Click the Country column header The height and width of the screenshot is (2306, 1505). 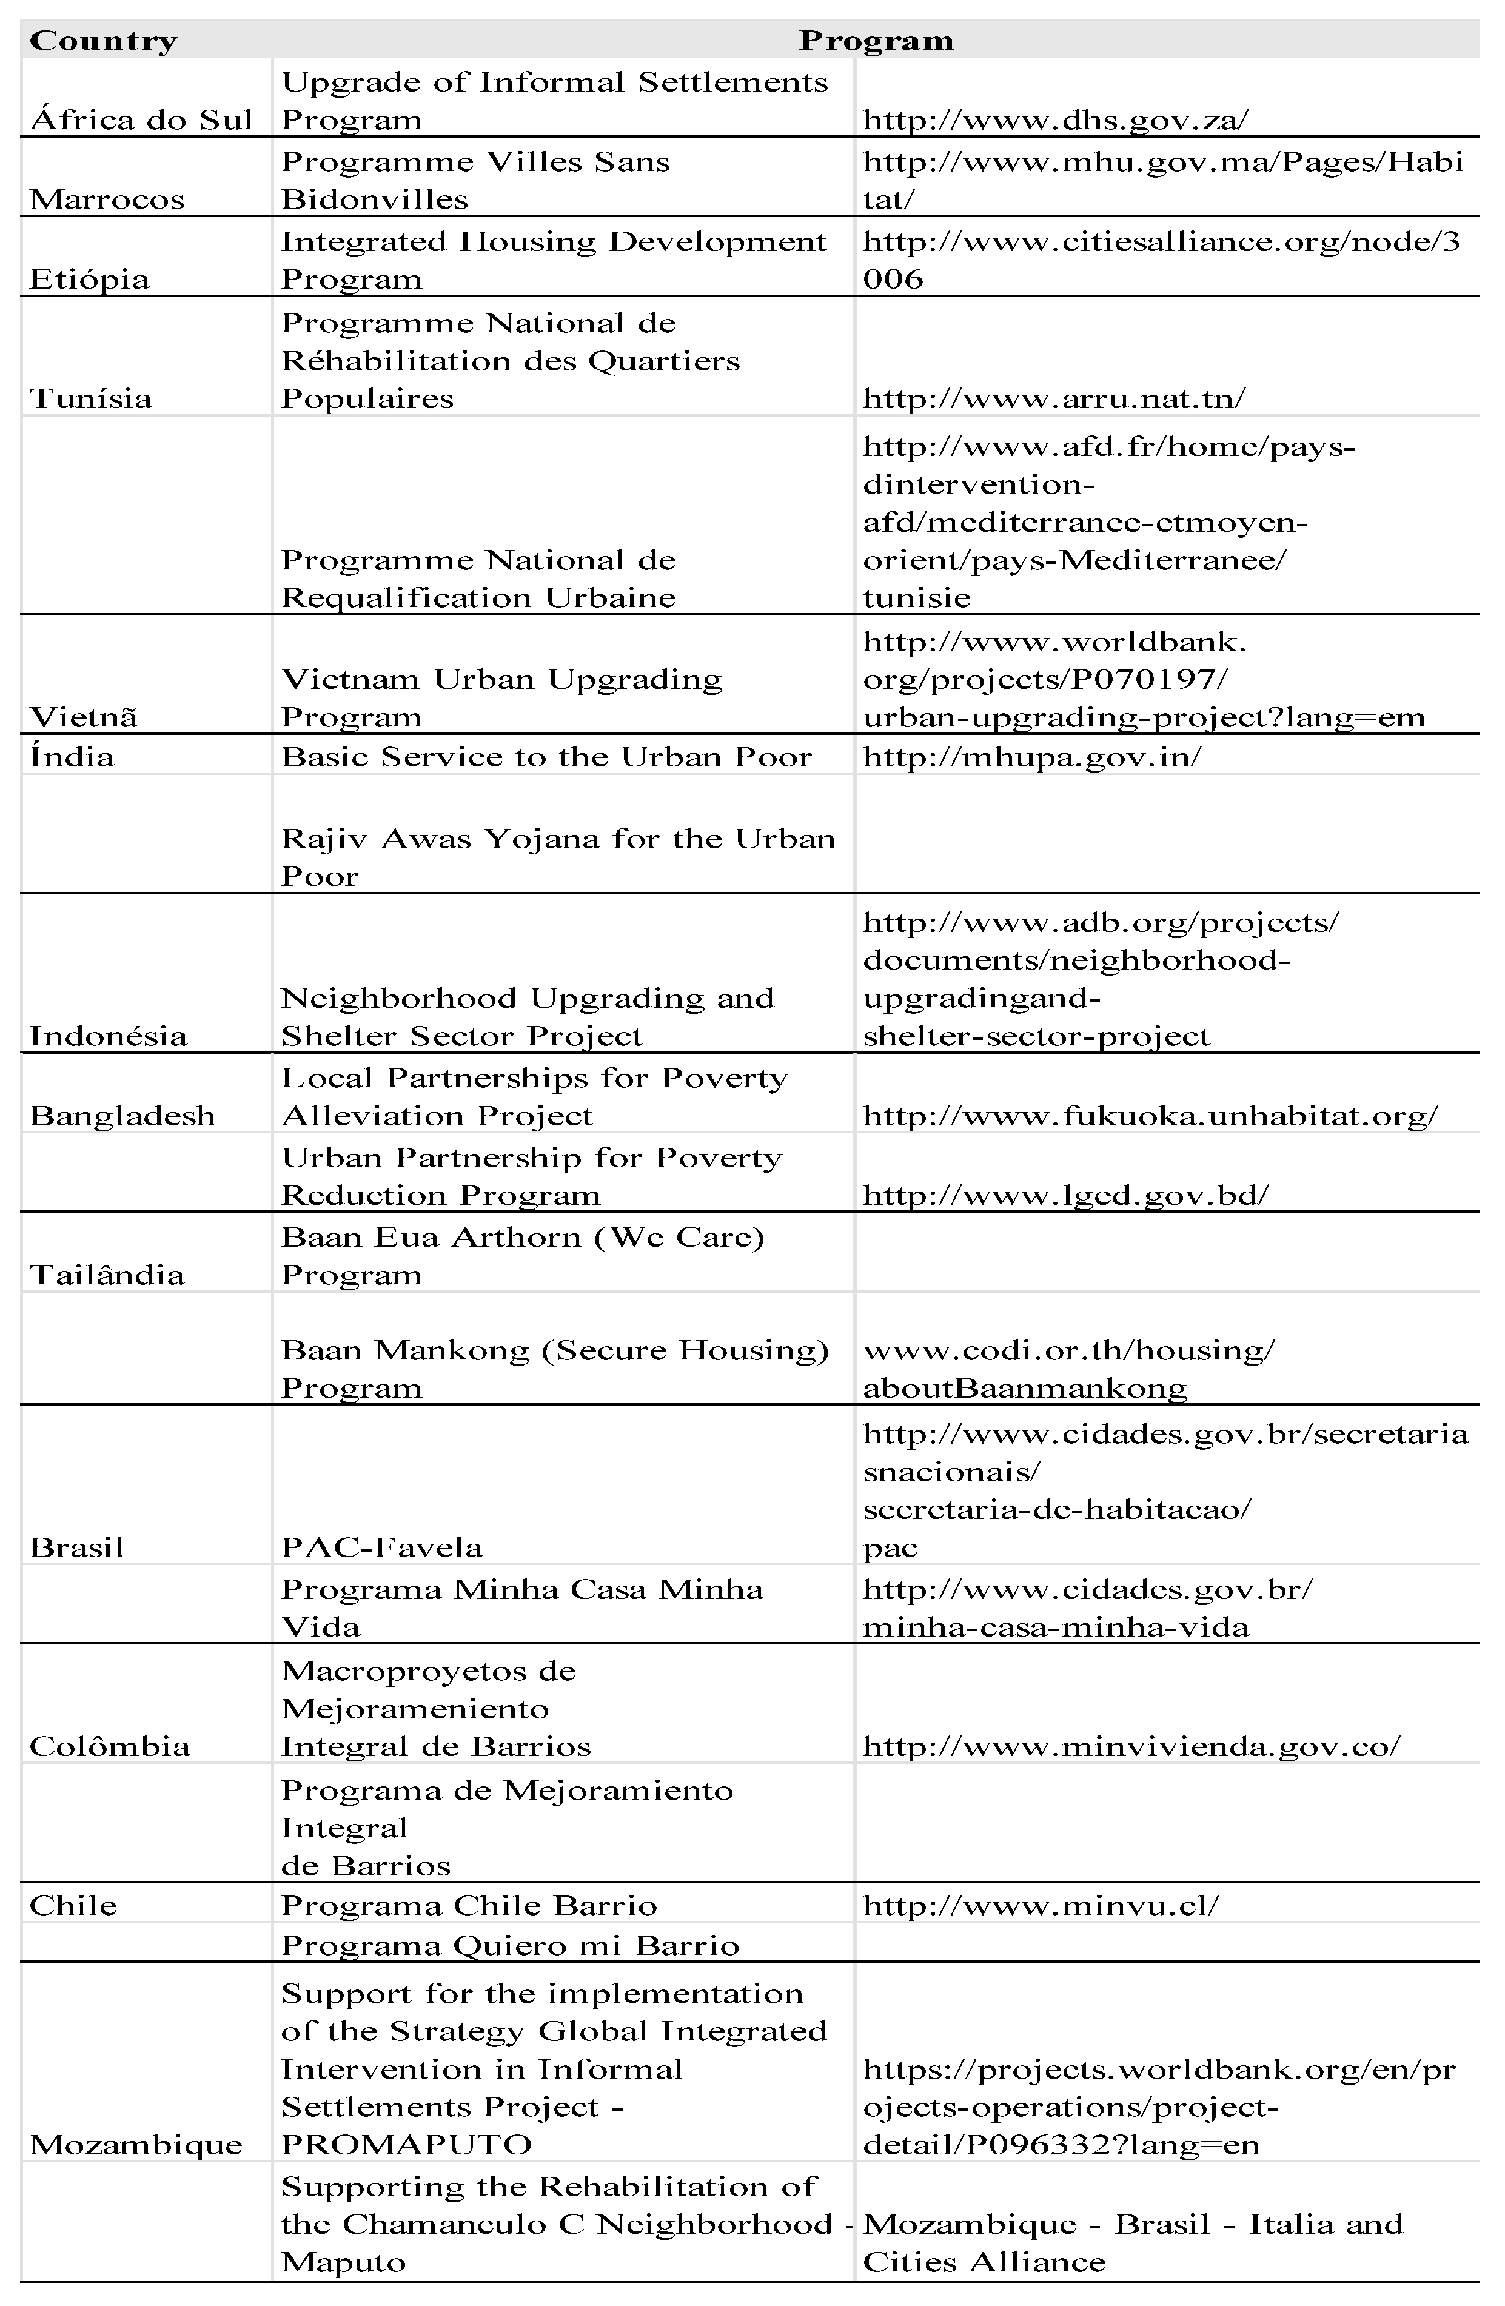coord(102,41)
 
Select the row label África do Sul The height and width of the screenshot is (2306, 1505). coord(141,120)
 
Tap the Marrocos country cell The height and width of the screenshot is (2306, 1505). coord(107,199)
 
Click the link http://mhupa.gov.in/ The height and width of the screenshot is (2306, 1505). coord(1031,757)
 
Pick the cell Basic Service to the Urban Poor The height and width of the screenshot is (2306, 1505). coord(546,757)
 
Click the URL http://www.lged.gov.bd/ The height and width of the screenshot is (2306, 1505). coord(1065,1195)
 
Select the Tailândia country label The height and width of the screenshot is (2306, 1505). coord(107,1275)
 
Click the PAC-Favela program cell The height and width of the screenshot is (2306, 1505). coord(381,1547)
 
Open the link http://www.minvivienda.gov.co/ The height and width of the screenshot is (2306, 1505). coord(1131,1747)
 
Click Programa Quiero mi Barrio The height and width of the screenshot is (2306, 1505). coord(510,1946)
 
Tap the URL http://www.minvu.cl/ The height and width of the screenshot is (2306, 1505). coord(1040,1906)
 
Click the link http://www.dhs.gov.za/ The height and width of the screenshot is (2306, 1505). coord(1055,120)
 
